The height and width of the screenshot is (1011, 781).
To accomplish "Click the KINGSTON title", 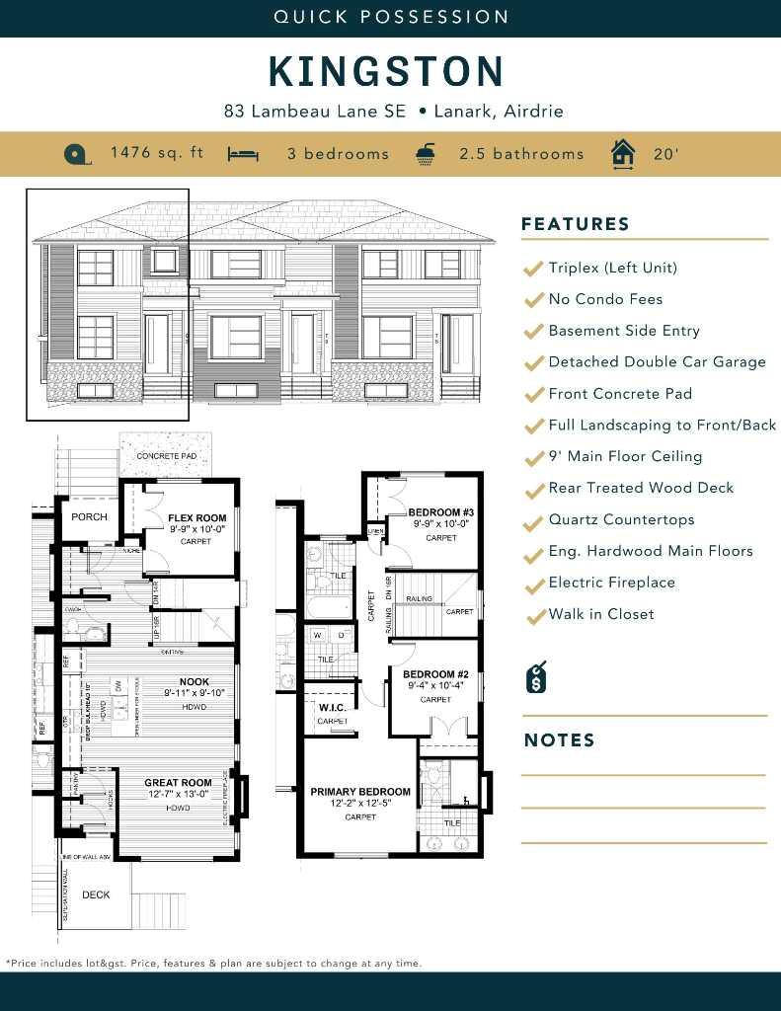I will [x=386, y=72].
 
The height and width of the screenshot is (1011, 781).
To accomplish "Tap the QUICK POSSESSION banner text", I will [x=391, y=17].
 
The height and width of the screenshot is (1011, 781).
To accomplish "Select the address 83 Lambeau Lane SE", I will [x=315, y=112].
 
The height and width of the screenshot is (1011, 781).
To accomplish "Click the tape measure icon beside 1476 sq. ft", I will [x=77, y=154].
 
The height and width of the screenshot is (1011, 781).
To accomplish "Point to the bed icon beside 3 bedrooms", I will [x=243, y=154].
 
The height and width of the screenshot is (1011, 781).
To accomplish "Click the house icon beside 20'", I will [x=622, y=154].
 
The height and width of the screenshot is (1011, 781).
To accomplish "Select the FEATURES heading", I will [x=575, y=224].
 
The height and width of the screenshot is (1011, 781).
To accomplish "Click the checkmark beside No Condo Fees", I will [x=533, y=300].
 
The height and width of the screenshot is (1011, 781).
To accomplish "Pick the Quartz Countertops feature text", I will [x=621, y=519].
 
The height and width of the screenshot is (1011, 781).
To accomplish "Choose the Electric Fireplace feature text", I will [x=611, y=583].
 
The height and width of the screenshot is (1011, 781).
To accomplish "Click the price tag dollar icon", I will [x=537, y=677].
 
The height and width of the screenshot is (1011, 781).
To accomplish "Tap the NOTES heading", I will [x=559, y=740].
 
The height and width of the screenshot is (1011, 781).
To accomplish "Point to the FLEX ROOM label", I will [x=196, y=517].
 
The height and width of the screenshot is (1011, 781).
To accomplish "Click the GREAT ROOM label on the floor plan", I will [x=178, y=783].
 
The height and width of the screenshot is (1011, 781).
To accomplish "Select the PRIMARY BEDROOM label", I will [x=359, y=792].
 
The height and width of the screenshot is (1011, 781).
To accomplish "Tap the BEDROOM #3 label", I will [x=441, y=512].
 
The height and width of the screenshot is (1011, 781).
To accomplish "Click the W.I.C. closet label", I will [x=331, y=707].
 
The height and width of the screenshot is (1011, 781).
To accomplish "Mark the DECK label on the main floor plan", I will [x=96, y=894].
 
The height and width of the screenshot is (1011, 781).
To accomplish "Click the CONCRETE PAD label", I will [x=165, y=456].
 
